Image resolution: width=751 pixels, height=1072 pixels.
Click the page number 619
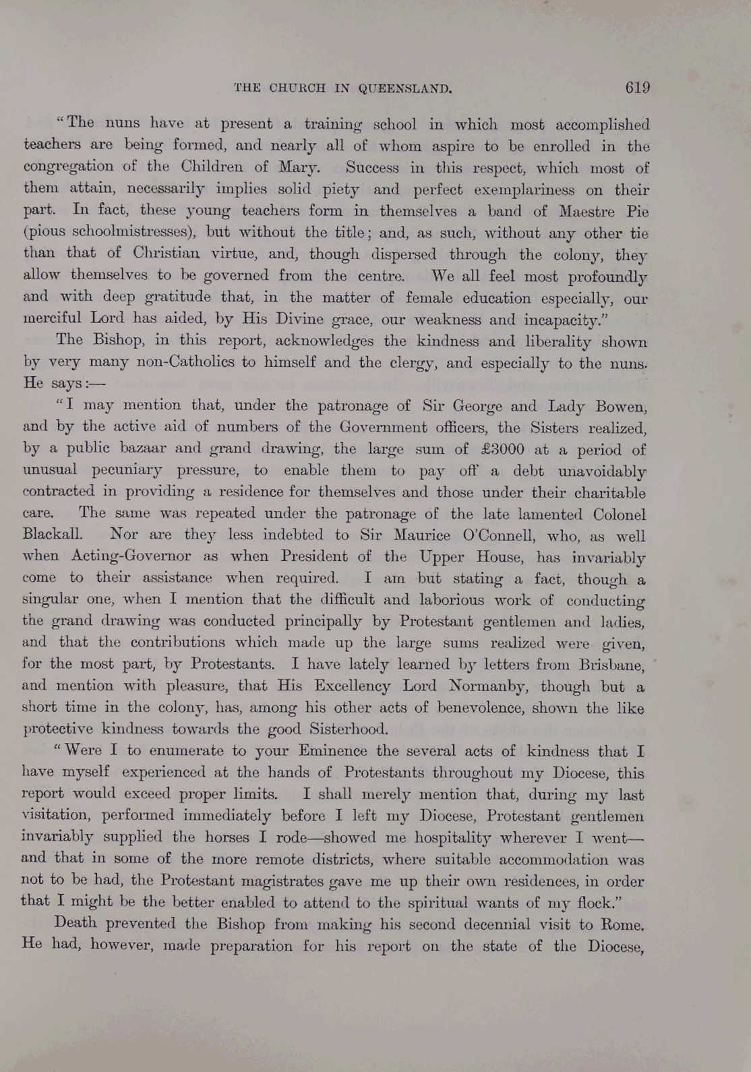pos(637,88)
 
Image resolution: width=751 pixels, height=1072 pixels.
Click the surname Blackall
pos(53,535)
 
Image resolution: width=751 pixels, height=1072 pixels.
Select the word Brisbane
pos(610,665)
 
